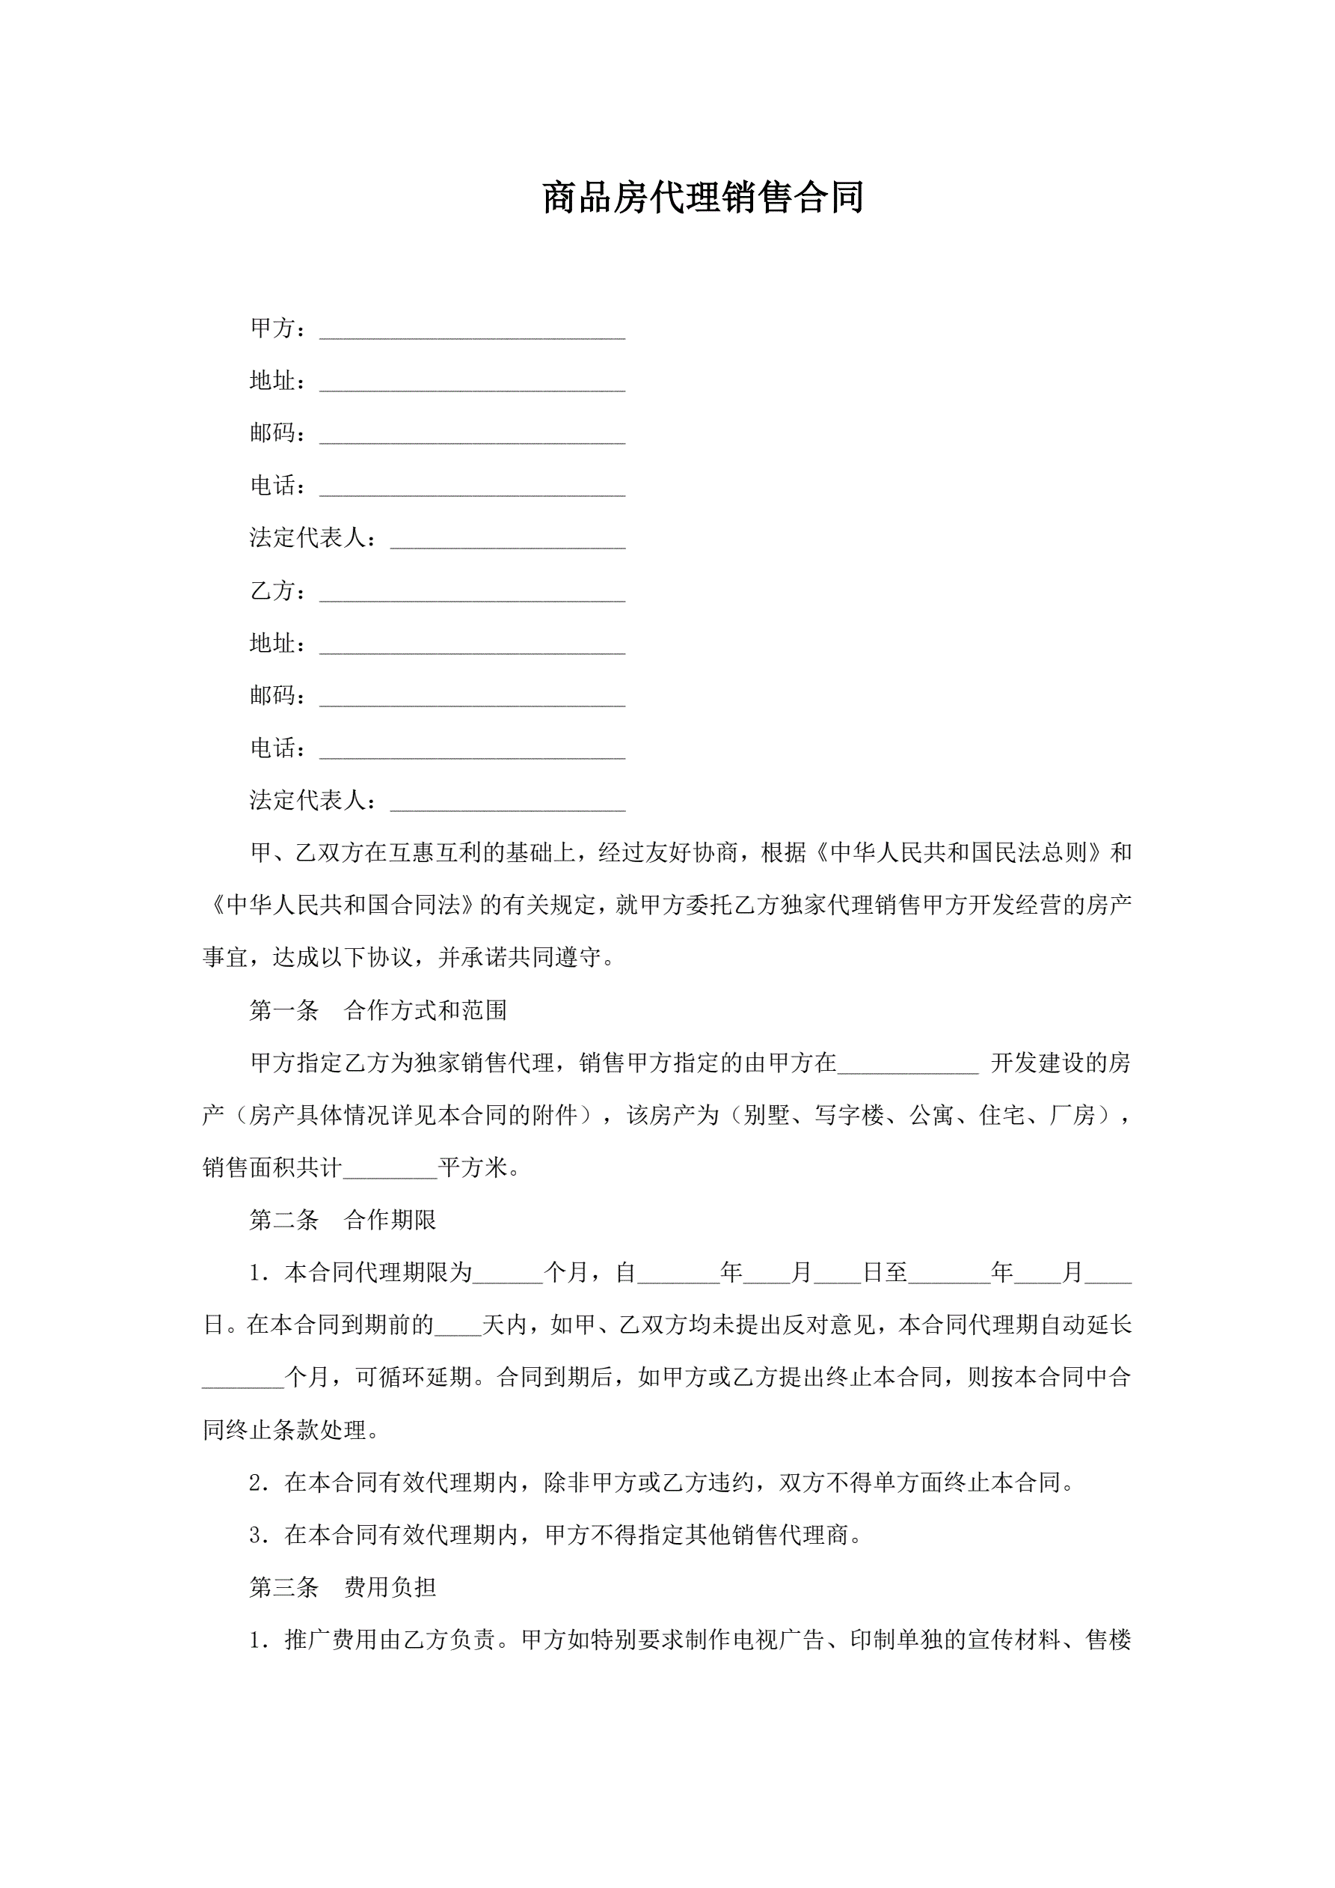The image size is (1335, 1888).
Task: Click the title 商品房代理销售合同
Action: [x=703, y=198]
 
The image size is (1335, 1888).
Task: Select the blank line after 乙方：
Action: [x=472, y=593]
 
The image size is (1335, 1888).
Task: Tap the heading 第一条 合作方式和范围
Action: [x=378, y=1011]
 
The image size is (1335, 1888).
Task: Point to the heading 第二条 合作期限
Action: [x=343, y=1221]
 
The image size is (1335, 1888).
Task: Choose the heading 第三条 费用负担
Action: [x=343, y=1588]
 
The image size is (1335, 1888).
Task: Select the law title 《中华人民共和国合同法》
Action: [x=341, y=905]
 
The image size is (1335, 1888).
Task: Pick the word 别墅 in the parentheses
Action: [x=766, y=1116]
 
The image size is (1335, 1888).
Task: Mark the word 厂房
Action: [x=1072, y=1116]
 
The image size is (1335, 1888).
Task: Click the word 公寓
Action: [x=931, y=1116]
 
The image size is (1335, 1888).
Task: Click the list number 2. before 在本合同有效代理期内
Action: [x=260, y=1483]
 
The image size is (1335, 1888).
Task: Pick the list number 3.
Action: [x=260, y=1536]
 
